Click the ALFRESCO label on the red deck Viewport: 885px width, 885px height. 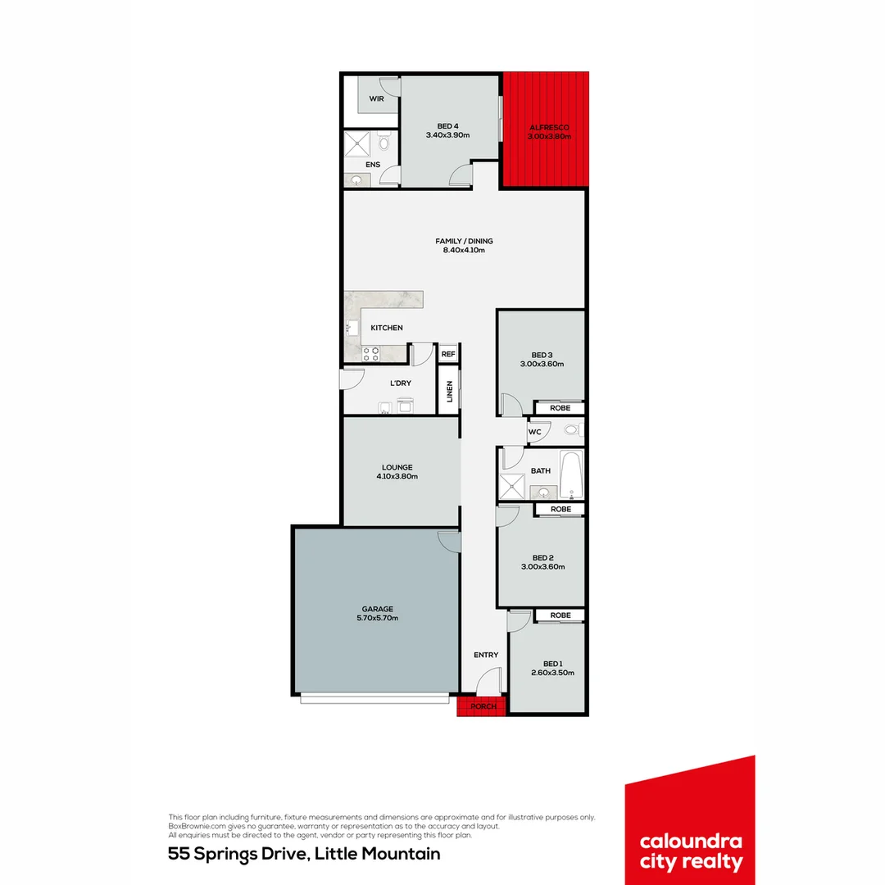(549, 128)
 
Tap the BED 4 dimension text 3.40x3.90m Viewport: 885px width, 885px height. (447, 135)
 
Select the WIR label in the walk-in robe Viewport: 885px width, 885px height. (376, 98)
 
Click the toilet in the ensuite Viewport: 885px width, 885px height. (383, 144)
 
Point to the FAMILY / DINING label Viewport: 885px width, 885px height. (464, 241)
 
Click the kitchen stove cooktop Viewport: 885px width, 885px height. (371, 354)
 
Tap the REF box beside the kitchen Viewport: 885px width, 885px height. (448, 354)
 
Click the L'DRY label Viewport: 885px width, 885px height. (401, 383)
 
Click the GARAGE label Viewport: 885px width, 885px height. (378, 609)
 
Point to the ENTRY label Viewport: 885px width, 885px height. (486, 655)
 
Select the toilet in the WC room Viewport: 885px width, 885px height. (571, 429)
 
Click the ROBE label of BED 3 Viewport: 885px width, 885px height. (560, 407)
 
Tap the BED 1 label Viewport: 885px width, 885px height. (553, 664)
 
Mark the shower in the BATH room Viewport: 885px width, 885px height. (512, 487)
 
